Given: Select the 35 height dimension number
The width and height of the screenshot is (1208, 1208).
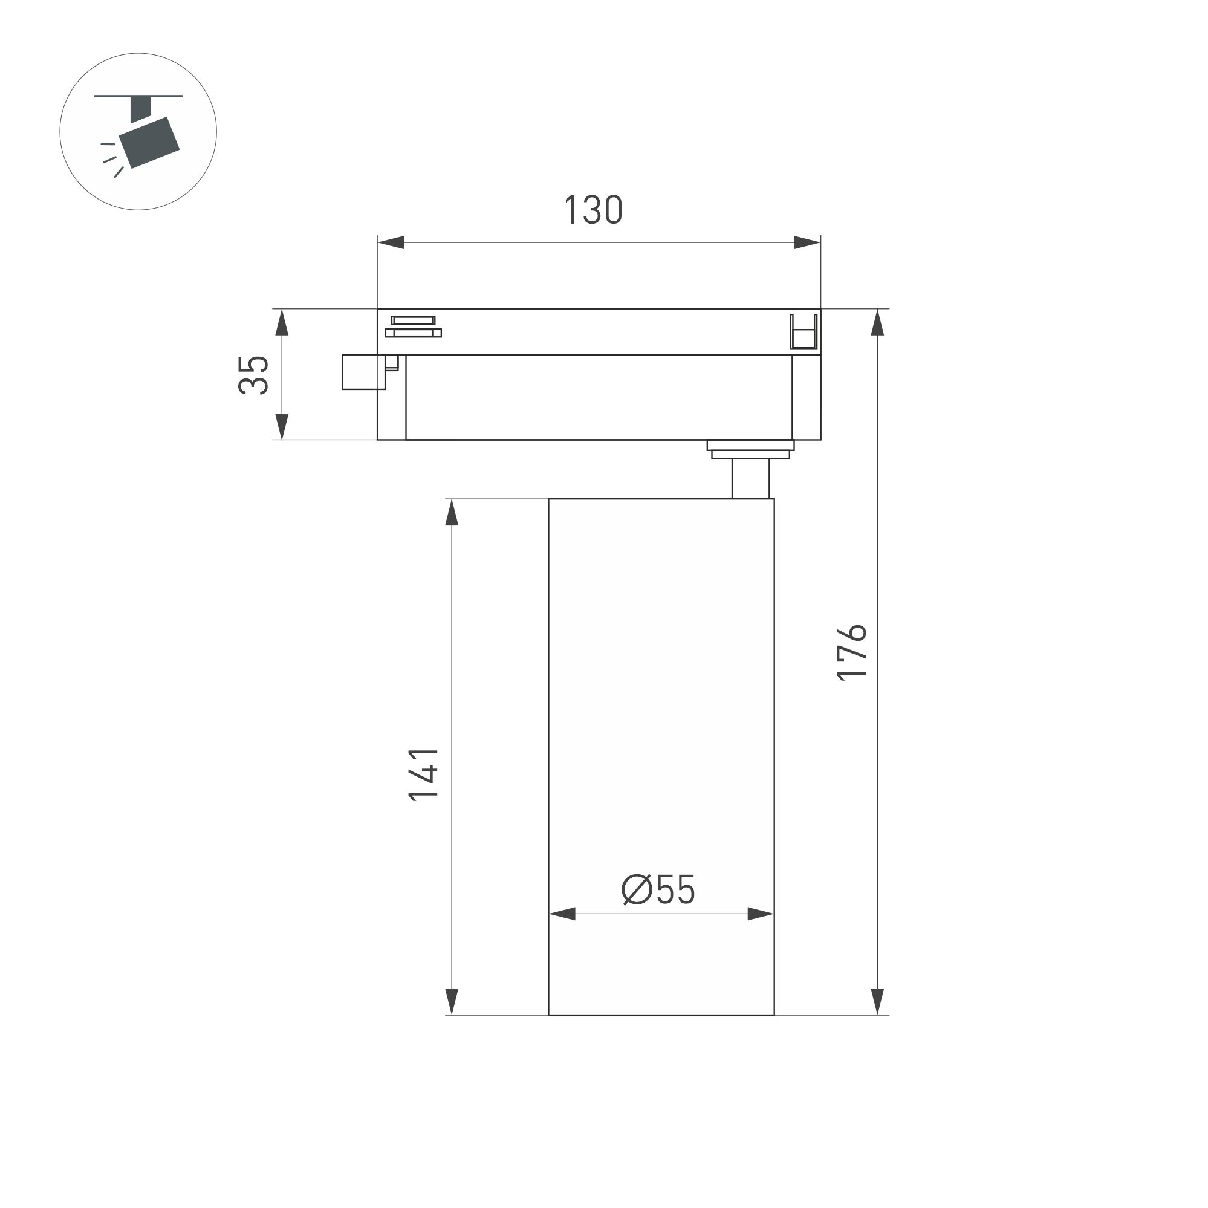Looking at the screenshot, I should tap(253, 374).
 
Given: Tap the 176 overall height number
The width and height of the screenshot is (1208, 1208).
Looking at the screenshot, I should tap(852, 652).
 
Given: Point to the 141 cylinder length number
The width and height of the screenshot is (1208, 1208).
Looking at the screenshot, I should tap(423, 774).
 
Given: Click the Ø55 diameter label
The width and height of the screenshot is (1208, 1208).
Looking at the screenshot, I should tap(658, 890).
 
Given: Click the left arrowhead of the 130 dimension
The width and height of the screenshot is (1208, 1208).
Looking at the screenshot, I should tap(391, 242).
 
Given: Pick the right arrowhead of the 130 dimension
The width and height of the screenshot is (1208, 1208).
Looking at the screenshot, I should tap(807, 242).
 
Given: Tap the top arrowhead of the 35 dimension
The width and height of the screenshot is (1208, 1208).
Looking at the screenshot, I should tap(282, 323).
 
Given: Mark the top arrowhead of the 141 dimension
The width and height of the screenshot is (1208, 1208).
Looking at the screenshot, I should tap(452, 513).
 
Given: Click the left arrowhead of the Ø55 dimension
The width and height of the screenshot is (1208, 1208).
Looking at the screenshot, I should tap(562, 914).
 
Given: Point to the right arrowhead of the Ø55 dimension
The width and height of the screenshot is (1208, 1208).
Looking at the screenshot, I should tap(761, 914).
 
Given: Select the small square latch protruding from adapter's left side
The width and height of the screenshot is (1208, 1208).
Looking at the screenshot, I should tap(363, 372).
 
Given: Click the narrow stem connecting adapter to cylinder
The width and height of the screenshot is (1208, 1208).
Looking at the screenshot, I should tap(750, 478).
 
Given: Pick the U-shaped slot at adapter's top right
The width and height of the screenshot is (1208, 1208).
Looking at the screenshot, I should tap(803, 333).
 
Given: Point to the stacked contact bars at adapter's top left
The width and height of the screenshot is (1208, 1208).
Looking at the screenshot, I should tap(413, 326).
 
